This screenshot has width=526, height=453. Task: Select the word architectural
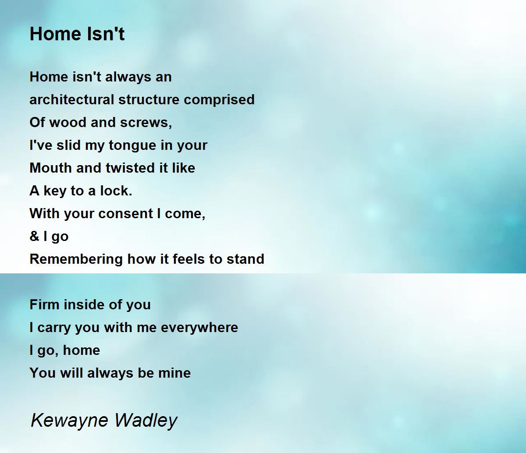72,99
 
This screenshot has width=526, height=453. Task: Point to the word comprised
219,100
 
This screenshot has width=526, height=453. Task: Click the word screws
146,123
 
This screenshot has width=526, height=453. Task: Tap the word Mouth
51,168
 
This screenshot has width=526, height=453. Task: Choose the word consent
126,214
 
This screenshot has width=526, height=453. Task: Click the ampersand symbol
34,236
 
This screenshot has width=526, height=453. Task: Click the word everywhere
199,328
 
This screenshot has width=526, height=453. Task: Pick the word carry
54,328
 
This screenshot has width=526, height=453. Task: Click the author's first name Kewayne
69,420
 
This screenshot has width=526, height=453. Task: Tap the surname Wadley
146,420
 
